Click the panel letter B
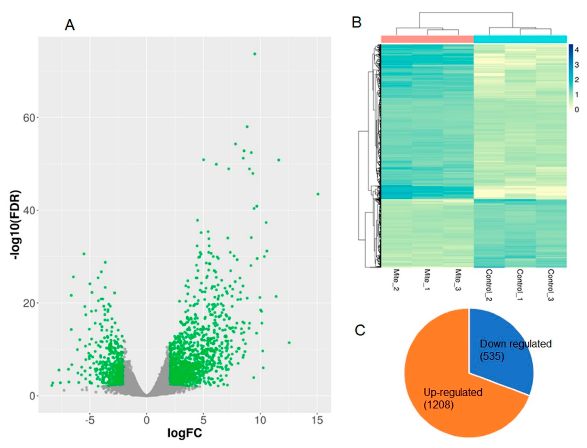(357, 22)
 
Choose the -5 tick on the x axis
(90, 421)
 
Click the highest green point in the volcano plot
(255, 54)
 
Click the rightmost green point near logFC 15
(318, 194)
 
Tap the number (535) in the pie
(492, 356)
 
